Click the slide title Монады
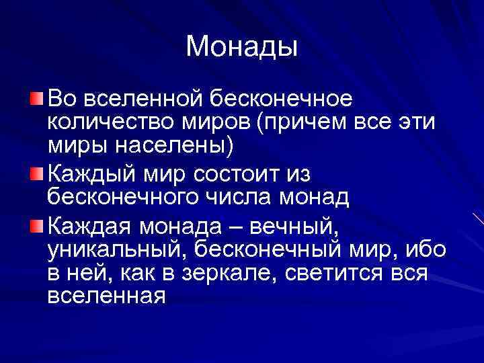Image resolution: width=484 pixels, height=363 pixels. (x=241, y=46)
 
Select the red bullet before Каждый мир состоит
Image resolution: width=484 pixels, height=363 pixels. (x=36, y=174)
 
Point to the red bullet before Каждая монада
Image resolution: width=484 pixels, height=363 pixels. (x=36, y=222)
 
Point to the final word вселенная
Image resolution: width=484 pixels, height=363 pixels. (x=106, y=295)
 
